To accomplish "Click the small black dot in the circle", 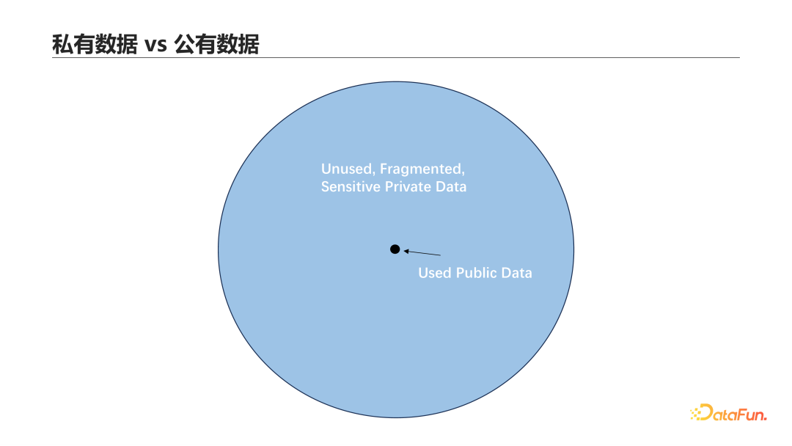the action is [395, 249].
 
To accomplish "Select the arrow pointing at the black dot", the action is [422, 253].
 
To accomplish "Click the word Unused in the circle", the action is [348, 169].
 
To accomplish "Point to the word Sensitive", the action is [351, 187].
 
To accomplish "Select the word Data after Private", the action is [452, 187].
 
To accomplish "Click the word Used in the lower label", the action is [435, 273].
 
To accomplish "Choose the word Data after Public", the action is [517, 273].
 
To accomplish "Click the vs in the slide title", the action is [155, 45].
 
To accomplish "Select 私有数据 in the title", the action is [95, 45].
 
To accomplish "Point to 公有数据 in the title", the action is [216, 45].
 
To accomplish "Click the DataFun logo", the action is [728, 413].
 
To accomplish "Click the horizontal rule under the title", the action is [396, 58].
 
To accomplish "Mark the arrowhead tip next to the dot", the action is [404, 251].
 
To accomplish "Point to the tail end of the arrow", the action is [440, 255].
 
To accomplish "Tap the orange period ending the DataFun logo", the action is [765, 418].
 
